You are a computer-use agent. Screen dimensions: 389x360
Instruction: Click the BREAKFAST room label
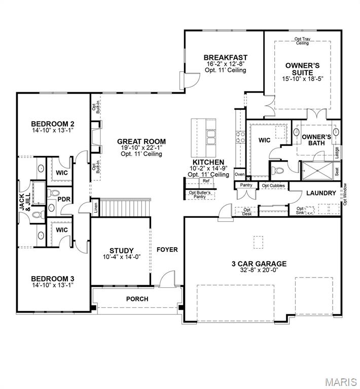point(225,57)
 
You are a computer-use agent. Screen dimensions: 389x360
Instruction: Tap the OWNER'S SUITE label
point(303,69)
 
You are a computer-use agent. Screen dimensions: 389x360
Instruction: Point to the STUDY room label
point(122,251)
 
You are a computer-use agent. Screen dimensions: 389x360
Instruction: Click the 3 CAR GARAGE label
point(259,263)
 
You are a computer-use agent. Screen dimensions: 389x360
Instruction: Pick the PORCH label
point(137,299)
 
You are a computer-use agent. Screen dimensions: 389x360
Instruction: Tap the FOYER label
point(167,250)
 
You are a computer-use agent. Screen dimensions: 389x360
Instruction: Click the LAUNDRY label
point(321,193)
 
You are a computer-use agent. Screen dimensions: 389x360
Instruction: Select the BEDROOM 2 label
point(53,124)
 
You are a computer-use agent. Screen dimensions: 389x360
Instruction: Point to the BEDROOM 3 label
point(53,278)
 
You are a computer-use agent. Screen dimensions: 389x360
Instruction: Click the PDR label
point(63,199)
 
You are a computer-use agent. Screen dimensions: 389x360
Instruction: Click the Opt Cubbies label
point(273,186)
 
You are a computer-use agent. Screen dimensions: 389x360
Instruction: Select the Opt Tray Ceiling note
point(302,41)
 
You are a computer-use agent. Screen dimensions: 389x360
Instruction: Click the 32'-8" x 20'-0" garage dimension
point(259,270)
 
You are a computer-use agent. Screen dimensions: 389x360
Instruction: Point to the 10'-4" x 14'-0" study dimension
point(122,257)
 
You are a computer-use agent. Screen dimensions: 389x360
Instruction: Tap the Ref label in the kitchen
point(206,181)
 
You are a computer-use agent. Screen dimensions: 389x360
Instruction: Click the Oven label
point(240,175)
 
